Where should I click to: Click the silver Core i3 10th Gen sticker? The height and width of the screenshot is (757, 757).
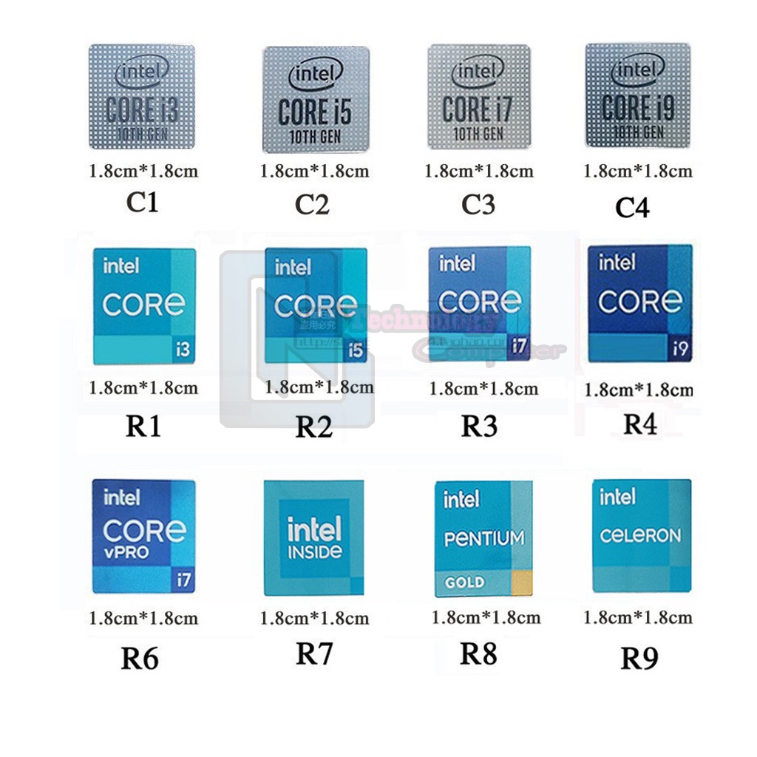[x=142, y=97]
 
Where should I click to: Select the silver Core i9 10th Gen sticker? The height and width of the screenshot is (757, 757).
[x=637, y=95]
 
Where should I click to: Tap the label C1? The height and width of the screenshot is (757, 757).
[x=142, y=202]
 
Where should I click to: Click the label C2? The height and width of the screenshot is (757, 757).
[x=312, y=204]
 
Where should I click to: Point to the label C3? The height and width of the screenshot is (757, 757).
[x=478, y=204]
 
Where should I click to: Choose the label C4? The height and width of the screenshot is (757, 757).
[x=633, y=208]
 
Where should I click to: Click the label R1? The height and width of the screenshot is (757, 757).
[x=143, y=427]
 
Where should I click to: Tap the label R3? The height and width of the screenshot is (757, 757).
[x=479, y=426]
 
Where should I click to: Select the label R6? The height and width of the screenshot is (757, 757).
[x=140, y=658]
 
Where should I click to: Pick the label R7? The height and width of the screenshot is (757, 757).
[x=314, y=654]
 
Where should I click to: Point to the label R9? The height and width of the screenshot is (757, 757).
[x=639, y=657]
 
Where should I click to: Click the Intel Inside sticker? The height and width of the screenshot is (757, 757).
[x=314, y=538]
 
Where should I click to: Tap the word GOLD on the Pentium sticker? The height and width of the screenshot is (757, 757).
[x=464, y=583]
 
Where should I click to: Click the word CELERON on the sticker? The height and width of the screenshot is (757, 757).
[x=640, y=535]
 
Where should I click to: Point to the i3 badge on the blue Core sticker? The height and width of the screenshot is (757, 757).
[x=183, y=350]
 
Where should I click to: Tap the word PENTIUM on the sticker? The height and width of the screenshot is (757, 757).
[x=484, y=538]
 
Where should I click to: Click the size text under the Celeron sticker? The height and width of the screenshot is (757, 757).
[x=638, y=617]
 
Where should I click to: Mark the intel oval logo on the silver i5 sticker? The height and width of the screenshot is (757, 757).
[x=316, y=73]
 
